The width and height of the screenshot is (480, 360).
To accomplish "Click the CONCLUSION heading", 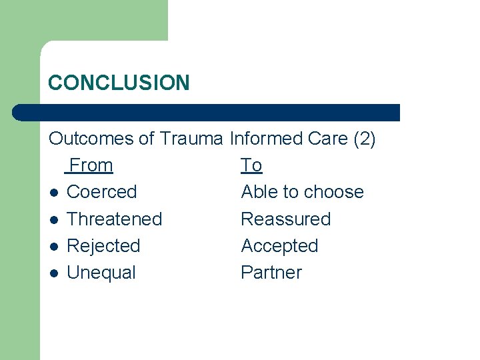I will pos(119,83).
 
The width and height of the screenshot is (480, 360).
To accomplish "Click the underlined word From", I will pos(91,165).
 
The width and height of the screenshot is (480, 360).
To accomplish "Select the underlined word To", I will pos(251,165).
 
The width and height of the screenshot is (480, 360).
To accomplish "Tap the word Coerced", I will pos(101,192).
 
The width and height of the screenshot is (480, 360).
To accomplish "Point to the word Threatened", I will pos(115,219).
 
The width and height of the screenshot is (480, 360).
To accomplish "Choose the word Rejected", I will pos(103,245).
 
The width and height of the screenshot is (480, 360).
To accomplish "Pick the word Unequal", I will pos(101,272).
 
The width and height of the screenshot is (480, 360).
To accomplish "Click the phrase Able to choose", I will pos(302,192).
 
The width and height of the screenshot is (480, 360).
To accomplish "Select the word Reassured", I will pos(285,219).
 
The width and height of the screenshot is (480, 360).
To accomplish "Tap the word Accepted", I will pos(279,245).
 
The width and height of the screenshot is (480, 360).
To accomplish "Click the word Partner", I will pos(271,272).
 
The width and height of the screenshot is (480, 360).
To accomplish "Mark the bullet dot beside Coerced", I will pos(53,193).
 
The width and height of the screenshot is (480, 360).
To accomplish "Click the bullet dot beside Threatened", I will pos(53,220).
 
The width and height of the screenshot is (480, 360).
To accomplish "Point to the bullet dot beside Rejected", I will pos(53,247).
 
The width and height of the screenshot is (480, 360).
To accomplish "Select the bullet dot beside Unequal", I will pos(53,273).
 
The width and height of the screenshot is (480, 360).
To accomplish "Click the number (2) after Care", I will pos(365,139).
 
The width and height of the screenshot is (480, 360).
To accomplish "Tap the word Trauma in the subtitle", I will pos(192,139).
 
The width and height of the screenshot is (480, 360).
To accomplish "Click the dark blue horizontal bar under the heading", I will pos(207,112).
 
